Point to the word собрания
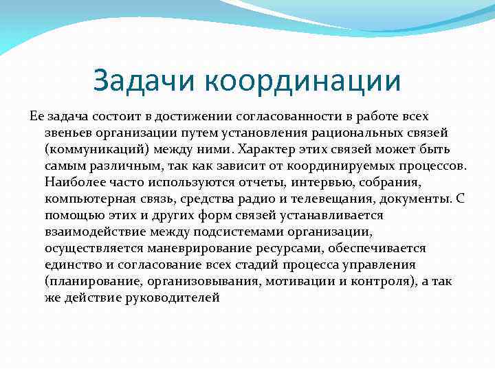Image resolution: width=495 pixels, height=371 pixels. tap(384, 183)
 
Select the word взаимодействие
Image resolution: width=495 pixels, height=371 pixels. tap(91, 232)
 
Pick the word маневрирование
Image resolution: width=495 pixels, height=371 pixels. tap(182, 249)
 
